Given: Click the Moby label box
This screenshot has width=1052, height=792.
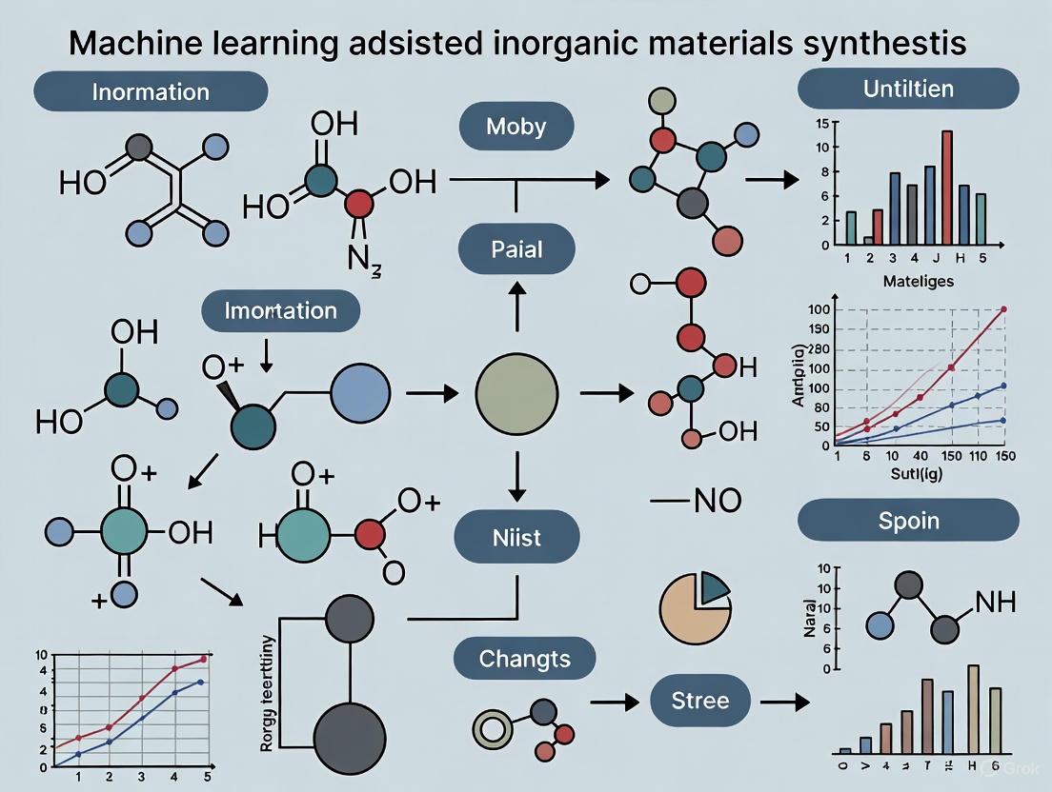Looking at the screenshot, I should [516, 126].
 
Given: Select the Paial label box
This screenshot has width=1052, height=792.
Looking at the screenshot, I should [516, 249].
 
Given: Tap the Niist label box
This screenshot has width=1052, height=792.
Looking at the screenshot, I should [516, 537].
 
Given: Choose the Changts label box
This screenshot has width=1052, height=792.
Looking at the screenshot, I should [524, 659].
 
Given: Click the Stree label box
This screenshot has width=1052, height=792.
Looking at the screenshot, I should [699, 702].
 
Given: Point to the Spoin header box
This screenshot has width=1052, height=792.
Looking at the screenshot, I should [908, 522].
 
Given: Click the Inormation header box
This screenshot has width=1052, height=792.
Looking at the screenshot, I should [150, 92].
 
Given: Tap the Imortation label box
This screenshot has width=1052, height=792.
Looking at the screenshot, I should [280, 310].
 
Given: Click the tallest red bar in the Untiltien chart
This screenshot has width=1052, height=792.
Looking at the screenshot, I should [946, 188].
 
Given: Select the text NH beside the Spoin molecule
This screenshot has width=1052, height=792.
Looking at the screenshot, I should [995, 602].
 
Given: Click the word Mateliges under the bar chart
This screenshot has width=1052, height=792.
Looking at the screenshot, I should [917, 281].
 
